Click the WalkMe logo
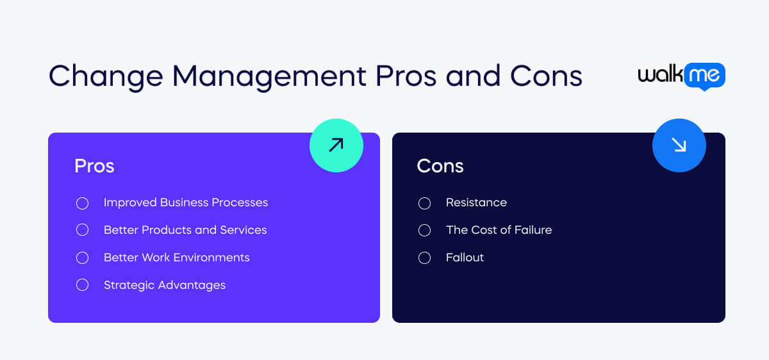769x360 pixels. [681, 76]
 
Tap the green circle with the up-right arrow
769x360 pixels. [336, 145]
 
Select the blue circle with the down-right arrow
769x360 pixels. [679, 145]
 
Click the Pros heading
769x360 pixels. [94, 166]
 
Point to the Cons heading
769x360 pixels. [440, 166]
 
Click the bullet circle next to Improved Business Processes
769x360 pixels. [82, 203]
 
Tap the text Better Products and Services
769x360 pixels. [185, 230]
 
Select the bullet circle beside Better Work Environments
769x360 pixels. [82, 258]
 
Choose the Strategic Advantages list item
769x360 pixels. [165, 285]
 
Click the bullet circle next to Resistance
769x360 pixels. [424, 203]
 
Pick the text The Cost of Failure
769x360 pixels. [499, 230]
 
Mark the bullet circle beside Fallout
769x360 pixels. [424, 258]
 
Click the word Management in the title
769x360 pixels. [269, 76]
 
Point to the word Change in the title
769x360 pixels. [105, 76]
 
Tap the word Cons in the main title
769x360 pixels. [546, 76]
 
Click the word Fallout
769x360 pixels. [465, 258]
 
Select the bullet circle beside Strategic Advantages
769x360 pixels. [82, 285]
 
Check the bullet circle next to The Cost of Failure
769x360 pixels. [424, 230]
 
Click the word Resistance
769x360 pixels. [476, 202]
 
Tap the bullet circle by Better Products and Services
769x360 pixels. [82, 230]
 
